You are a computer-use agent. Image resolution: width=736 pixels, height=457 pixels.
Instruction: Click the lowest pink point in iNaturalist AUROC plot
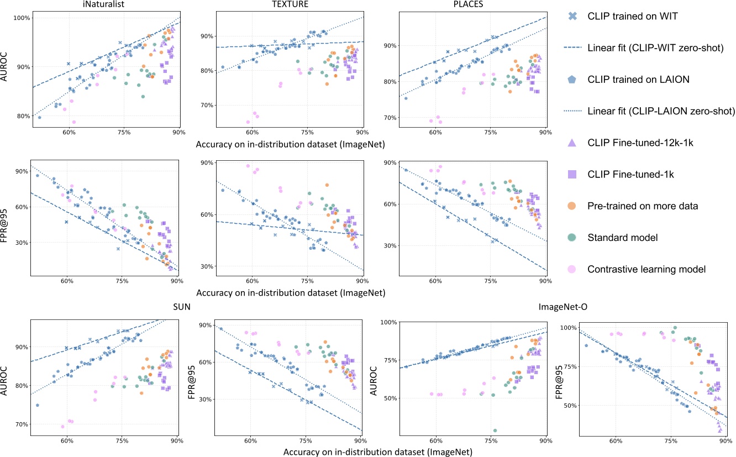(73, 122)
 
